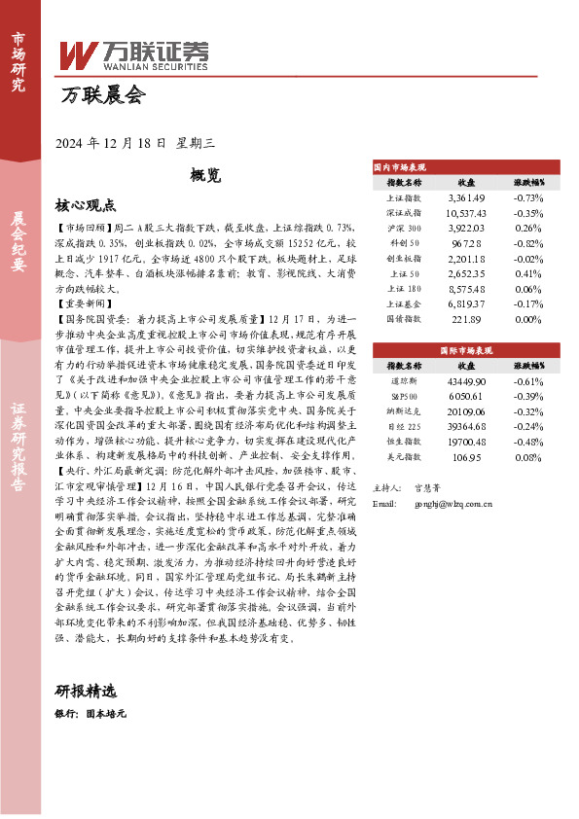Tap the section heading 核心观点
[86, 205]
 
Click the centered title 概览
[205, 177]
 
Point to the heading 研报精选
[86, 692]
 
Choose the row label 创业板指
[403, 259]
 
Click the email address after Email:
[441, 477]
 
